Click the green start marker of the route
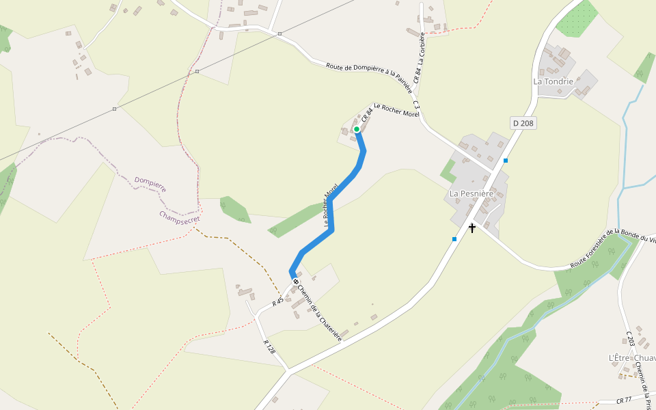click(x=357, y=128)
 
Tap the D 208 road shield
click(x=523, y=123)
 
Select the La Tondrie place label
click(x=553, y=81)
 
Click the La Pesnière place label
click(x=471, y=193)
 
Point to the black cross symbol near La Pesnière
click(x=471, y=228)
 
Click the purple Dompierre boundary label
click(x=150, y=184)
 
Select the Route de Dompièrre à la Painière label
click(x=369, y=74)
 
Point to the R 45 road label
click(x=277, y=301)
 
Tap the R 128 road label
click(x=269, y=346)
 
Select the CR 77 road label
click(x=623, y=401)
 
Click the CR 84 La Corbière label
click(x=420, y=57)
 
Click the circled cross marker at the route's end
click(x=296, y=282)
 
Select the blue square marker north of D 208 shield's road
click(x=506, y=161)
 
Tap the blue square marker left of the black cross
click(x=454, y=239)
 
